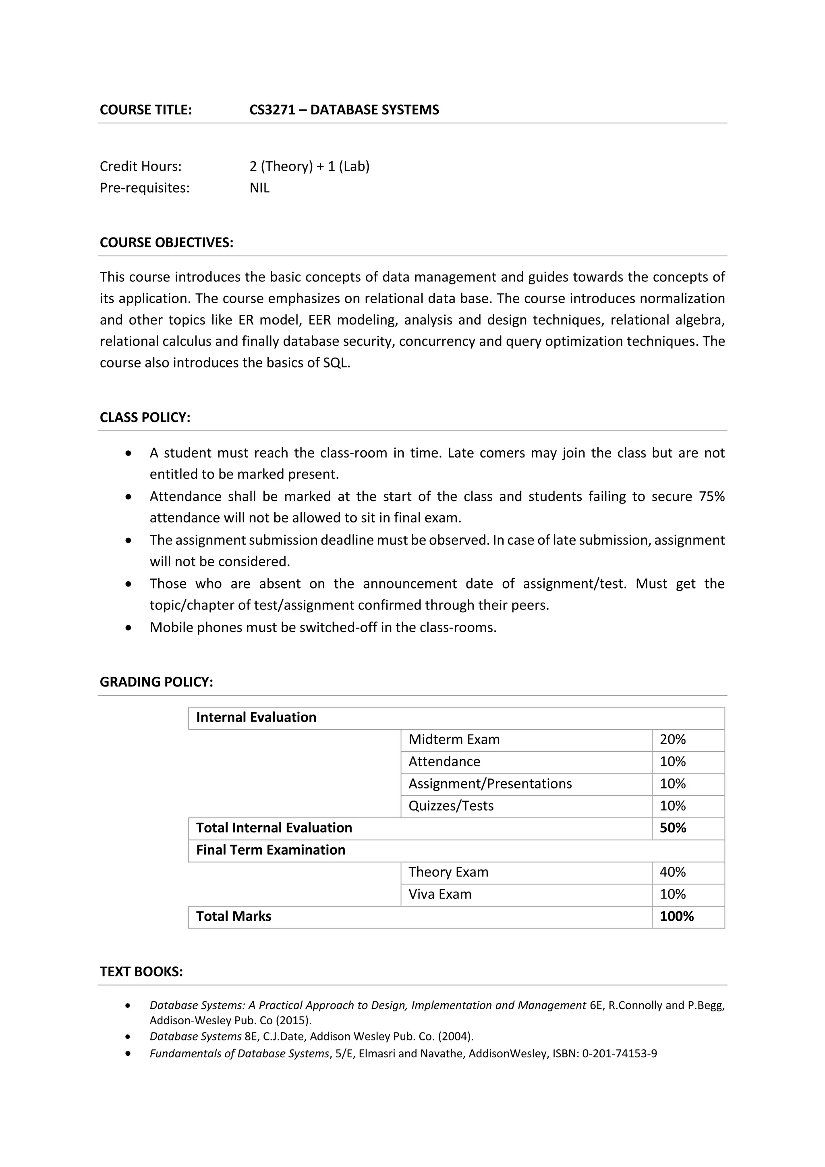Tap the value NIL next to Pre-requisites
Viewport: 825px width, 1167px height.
pos(259,188)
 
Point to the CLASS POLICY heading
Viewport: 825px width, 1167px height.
pos(145,417)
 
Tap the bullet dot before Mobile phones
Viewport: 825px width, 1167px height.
pos(129,628)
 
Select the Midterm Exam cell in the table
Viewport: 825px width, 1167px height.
pos(454,740)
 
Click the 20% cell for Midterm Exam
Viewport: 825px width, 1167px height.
pos(673,740)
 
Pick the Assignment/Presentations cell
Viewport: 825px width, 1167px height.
pos(490,784)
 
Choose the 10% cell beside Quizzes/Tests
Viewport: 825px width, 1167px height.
pos(673,806)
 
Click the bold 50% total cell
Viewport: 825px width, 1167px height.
pos(673,828)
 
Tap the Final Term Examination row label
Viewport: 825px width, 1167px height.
pos(270,850)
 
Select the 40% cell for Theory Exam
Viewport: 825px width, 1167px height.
pos(673,872)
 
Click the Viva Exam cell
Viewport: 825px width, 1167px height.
pos(440,894)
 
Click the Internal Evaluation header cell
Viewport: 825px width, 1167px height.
pos(256,717)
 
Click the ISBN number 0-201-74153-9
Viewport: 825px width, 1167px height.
pos(619,1054)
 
